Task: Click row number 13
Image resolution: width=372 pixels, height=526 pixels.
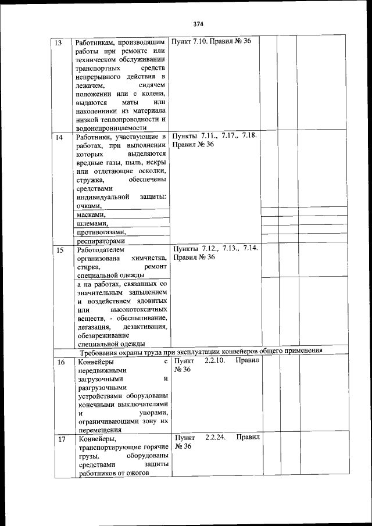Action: [59, 43]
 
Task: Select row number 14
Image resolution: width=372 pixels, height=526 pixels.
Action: [59, 137]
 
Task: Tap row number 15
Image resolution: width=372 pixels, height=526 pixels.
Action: [59, 250]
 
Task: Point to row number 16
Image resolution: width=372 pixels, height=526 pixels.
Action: [60, 363]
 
